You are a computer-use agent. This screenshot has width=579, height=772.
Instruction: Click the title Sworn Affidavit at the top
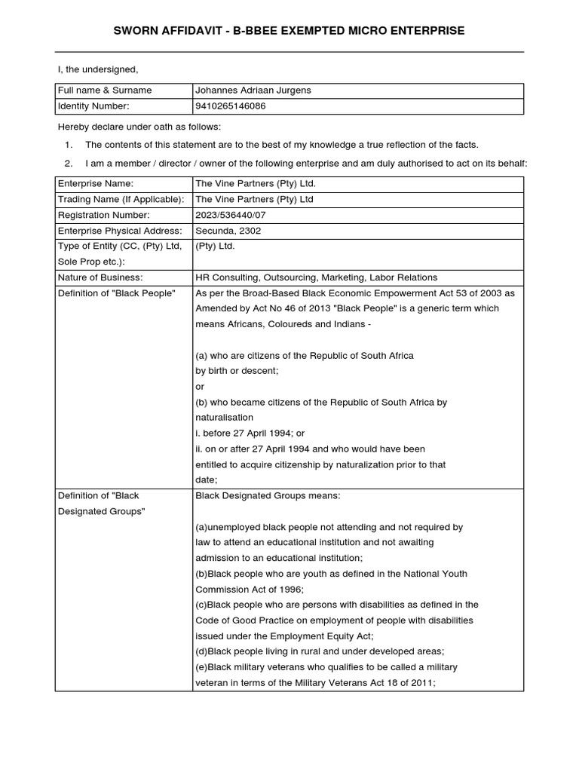[x=289, y=31]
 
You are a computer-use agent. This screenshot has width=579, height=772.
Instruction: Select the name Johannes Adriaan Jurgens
[x=253, y=90]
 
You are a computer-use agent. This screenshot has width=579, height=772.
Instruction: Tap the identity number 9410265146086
[x=230, y=106]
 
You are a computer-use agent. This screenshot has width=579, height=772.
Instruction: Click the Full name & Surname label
[x=105, y=90]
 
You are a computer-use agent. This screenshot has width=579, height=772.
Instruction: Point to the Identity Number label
[x=93, y=106]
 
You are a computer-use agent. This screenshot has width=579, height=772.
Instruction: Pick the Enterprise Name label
[x=96, y=184]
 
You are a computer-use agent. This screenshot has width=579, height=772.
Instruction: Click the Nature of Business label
[x=100, y=277]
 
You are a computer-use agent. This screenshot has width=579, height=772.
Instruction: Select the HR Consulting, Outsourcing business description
[x=316, y=277]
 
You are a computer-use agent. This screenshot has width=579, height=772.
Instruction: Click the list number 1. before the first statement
[x=69, y=145]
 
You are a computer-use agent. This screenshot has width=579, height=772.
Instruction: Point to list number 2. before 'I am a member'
[x=69, y=164]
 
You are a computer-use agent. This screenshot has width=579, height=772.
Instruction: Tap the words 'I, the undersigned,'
[x=98, y=70]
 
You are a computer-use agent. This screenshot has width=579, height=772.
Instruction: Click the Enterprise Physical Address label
[x=120, y=231]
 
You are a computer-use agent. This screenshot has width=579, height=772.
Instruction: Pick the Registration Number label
[x=103, y=215]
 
